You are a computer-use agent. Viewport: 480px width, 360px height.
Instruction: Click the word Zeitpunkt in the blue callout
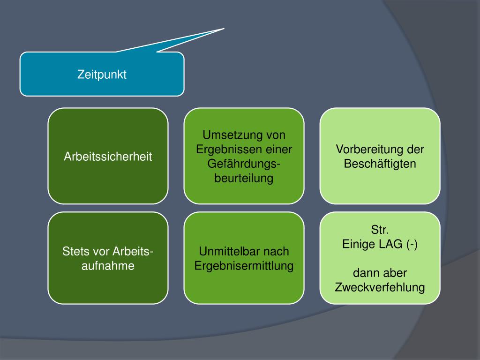(102, 75)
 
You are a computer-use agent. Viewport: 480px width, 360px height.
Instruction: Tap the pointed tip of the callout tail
(223, 29)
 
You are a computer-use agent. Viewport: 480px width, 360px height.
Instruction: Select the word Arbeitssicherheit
(108, 157)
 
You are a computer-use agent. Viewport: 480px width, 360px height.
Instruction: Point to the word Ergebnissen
(223, 150)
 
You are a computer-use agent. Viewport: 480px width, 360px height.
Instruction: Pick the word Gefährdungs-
(244, 164)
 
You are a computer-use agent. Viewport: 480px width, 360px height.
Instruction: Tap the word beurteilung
(244, 179)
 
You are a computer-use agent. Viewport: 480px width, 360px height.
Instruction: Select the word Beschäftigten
(380, 164)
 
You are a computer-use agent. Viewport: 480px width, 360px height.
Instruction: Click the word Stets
(75, 252)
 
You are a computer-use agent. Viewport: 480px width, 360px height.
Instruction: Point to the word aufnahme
(108, 266)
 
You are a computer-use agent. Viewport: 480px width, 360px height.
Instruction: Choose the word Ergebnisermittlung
(244, 266)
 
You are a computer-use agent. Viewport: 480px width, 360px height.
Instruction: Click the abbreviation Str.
(380, 230)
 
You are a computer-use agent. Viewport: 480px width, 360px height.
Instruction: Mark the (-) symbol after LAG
(412, 245)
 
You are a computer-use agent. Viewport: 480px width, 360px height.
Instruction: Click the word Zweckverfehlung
(380, 287)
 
